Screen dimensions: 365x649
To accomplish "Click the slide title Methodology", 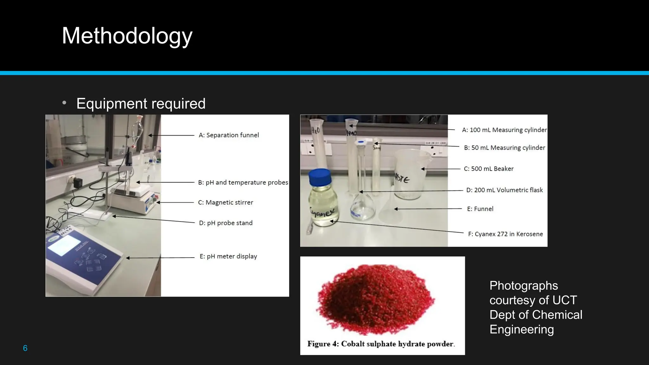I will pyautogui.click(x=127, y=36).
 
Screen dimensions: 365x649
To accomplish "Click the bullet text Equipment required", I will pyautogui.click(x=141, y=104).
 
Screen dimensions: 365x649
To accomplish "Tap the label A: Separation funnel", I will pyautogui.click(x=228, y=135).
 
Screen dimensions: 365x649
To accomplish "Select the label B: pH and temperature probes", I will pyautogui.click(x=243, y=182).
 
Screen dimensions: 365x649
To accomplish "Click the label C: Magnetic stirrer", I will pyautogui.click(x=225, y=202).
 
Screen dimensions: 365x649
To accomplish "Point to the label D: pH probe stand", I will pyautogui.click(x=225, y=223).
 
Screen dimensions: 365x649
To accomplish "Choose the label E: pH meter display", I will pyautogui.click(x=228, y=256).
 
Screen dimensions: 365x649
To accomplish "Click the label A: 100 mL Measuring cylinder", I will pyautogui.click(x=504, y=130).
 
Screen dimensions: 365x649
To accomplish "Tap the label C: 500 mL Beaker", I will pyautogui.click(x=488, y=169).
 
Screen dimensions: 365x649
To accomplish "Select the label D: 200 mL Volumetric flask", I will pyautogui.click(x=504, y=190).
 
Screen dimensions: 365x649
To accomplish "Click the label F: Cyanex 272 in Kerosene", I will pyautogui.click(x=505, y=234).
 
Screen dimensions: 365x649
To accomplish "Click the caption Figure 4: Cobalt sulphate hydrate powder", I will pyautogui.click(x=381, y=344).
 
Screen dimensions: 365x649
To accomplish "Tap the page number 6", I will pyautogui.click(x=25, y=348).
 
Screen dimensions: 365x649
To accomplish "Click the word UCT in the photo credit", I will pyautogui.click(x=564, y=300).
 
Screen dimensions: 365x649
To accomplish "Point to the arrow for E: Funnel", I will pyautogui.click(x=428, y=209).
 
